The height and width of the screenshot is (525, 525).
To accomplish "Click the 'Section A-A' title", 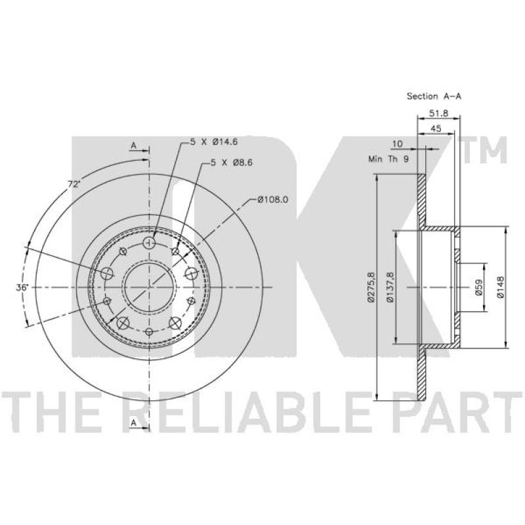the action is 434,96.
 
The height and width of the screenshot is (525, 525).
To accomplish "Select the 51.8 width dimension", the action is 438,113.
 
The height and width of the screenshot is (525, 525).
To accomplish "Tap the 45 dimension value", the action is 436,128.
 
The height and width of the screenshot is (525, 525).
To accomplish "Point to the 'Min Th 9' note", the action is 388,159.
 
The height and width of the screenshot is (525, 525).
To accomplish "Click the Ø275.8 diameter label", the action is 371,287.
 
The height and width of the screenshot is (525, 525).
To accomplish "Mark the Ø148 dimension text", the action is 500,287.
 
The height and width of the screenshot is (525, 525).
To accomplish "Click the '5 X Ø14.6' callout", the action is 214,142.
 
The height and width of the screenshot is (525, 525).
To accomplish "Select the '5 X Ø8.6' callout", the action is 232,163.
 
